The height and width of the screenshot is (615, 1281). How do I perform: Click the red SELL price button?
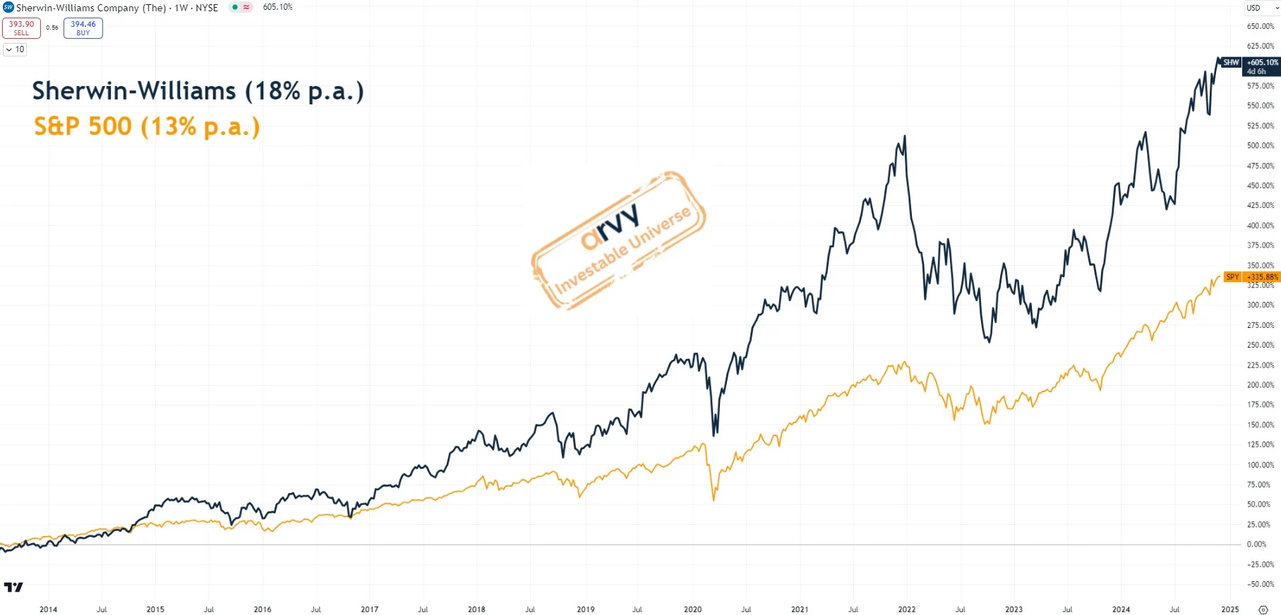[x=21, y=28]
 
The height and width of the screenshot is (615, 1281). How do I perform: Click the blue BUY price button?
[x=83, y=28]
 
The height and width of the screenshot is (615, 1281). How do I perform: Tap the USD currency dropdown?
[x=1261, y=8]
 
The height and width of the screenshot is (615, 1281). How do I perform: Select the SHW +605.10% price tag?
[x=1261, y=66]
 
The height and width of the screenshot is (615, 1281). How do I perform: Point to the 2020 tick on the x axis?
[x=692, y=609]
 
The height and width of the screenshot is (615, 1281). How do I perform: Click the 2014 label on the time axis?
[x=48, y=609]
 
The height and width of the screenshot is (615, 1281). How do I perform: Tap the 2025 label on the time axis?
[x=1229, y=609]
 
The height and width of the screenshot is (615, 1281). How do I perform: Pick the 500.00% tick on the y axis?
[x=1260, y=146]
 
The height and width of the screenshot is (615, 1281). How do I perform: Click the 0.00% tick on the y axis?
[x=1256, y=544]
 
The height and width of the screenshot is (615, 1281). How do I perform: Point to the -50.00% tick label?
[x=1260, y=584]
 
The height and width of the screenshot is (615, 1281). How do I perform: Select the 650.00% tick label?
[x=1260, y=26]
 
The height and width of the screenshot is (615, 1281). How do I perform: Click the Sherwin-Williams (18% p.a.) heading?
[x=198, y=91]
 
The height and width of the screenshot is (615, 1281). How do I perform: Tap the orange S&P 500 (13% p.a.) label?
[x=147, y=127]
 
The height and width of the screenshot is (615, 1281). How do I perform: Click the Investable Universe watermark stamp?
[x=619, y=240]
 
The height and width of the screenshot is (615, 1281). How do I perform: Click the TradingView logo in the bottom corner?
[x=13, y=587]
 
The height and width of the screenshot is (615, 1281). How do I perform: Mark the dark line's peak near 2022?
[x=904, y=137]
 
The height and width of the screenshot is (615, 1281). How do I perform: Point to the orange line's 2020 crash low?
[x=714, y=499]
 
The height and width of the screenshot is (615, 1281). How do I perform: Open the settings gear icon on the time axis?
[x=1263, y=609]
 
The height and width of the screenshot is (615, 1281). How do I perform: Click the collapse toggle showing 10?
[x=15, y=49]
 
